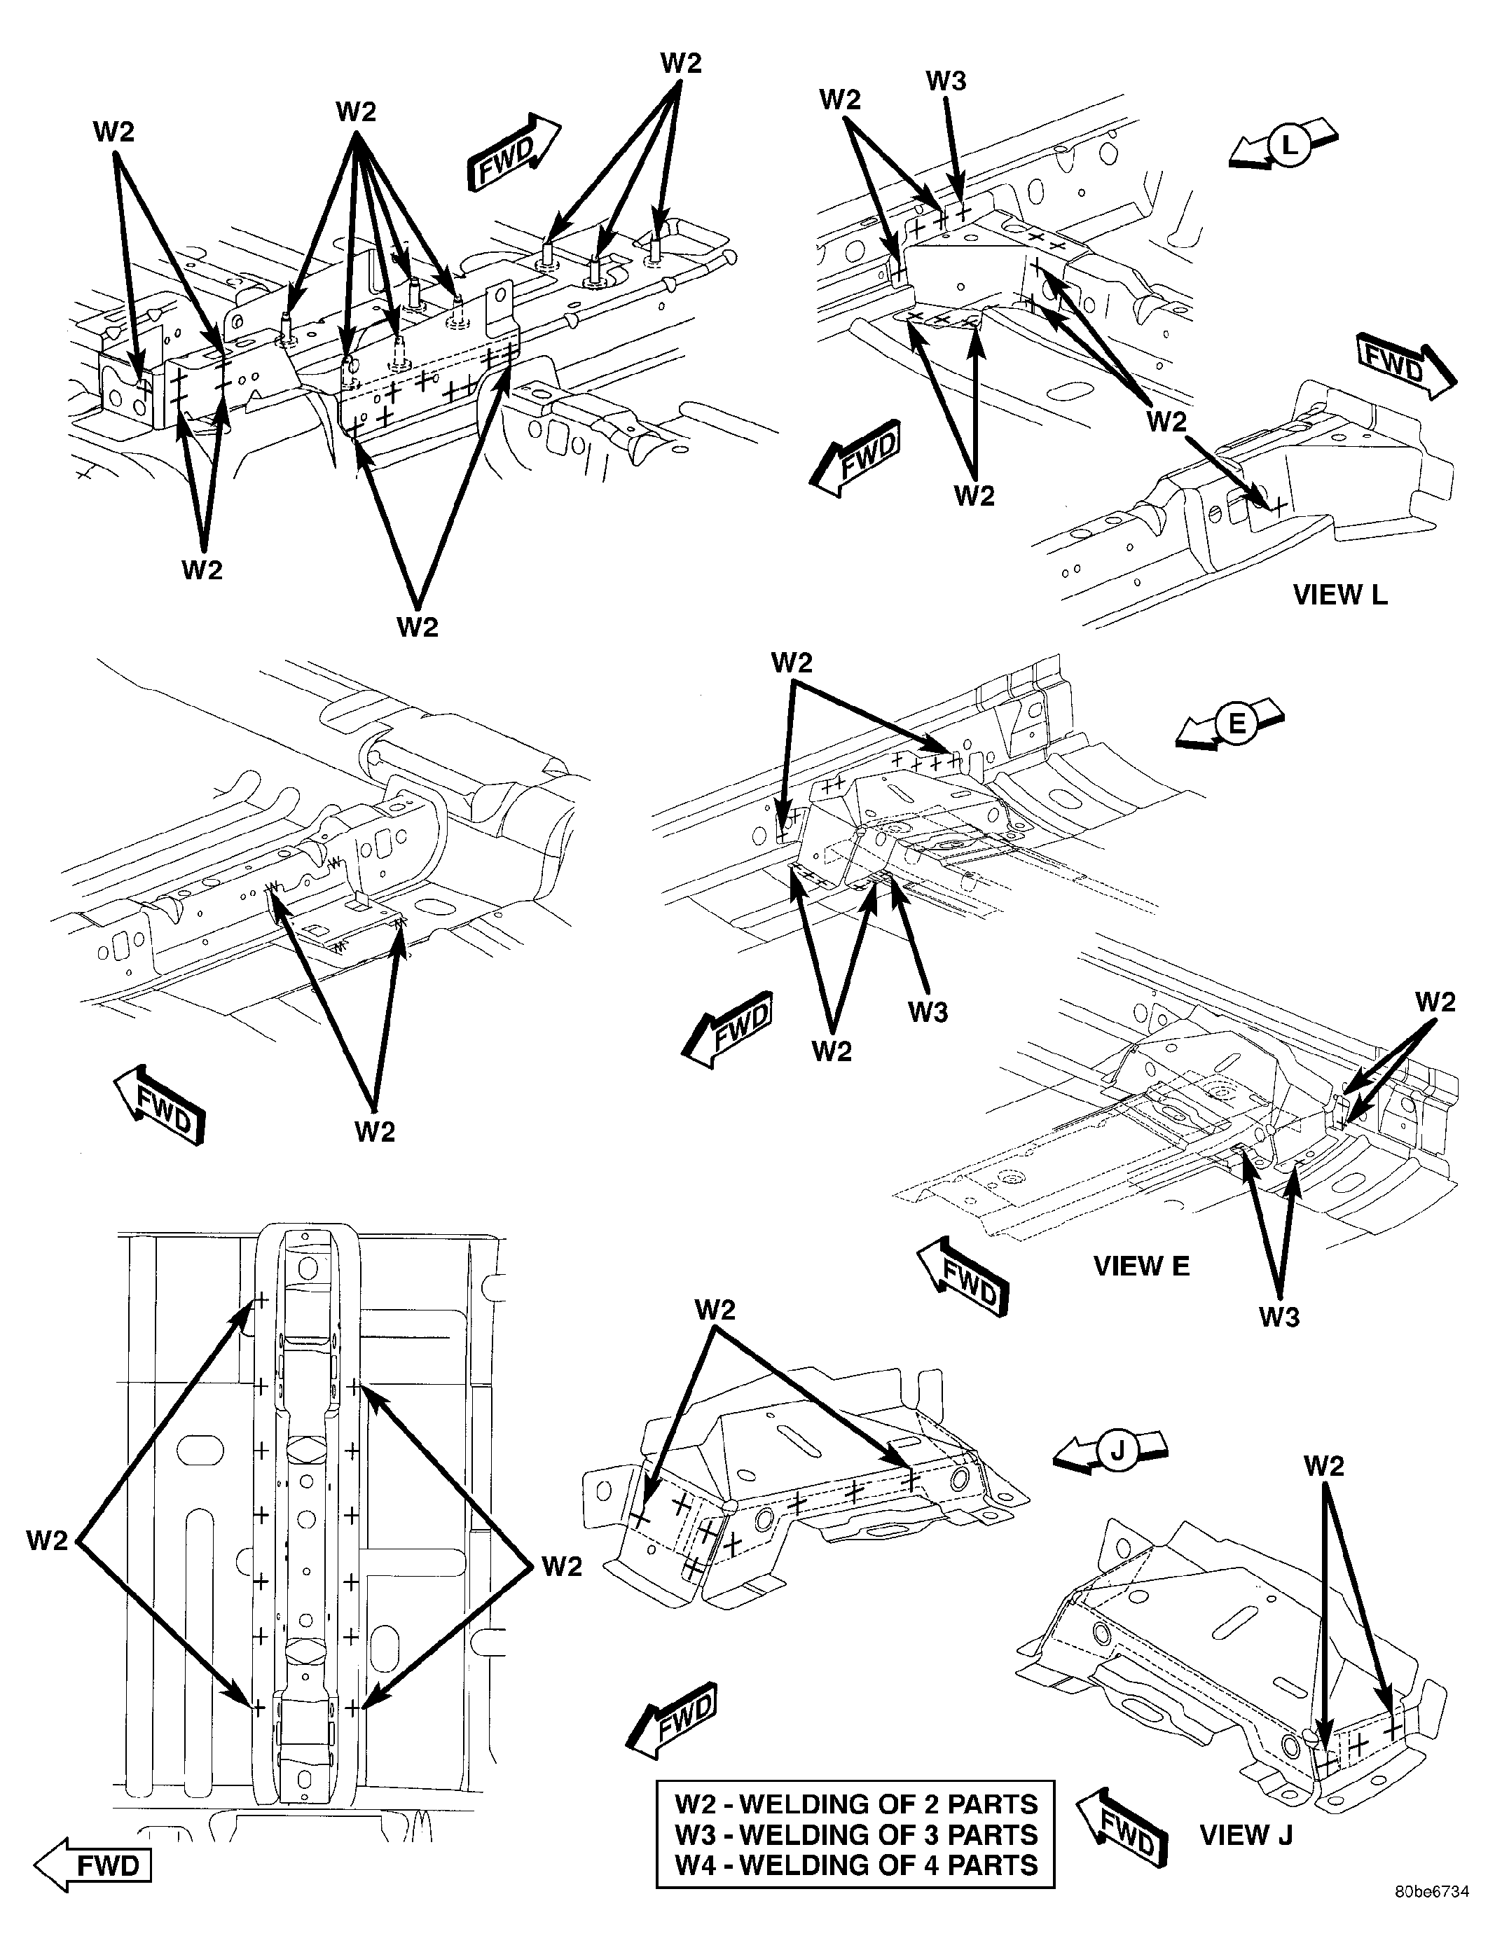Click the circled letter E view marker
point(1237,724)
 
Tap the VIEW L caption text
point(1339,594)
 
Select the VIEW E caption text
point(1141,1265)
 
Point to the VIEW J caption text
point(1246,1834)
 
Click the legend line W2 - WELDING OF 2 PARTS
point(856,1804)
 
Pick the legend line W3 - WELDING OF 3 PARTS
point(856,1834)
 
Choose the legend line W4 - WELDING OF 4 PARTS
point(856,1865)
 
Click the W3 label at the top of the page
point(945,81)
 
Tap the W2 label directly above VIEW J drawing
point(1323,1465)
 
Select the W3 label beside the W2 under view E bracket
point(928,1012)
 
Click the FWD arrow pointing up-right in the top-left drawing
point(514,152)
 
